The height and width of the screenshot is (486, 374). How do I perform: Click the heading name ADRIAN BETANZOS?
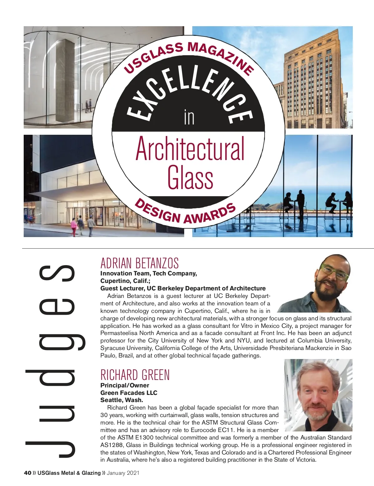pos(139,263)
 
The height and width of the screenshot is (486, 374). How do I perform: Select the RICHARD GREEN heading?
pos(135,375)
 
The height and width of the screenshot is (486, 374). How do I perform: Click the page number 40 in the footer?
pos(27,473)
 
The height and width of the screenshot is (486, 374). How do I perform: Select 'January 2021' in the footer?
pos(123,473)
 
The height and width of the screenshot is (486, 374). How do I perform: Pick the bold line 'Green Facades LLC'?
pos(129,393)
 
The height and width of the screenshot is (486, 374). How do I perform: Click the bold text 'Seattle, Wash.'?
pos(122,400)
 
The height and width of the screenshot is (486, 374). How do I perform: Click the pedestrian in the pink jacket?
pos(74,226)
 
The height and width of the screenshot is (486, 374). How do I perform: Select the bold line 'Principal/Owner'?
pos(125,385)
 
